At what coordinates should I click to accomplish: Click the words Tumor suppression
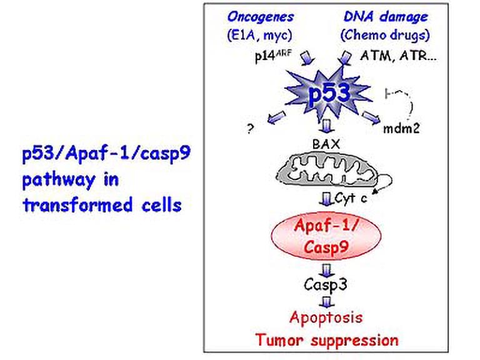[x=326, y=340]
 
